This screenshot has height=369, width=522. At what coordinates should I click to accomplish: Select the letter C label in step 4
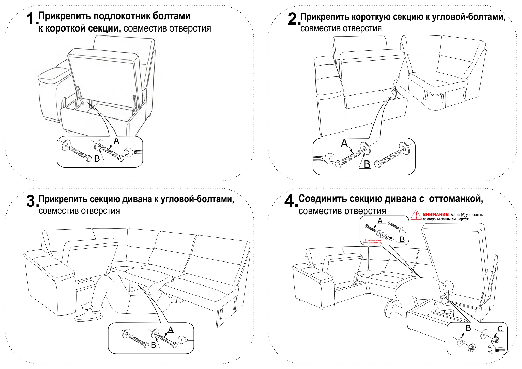[500, 329]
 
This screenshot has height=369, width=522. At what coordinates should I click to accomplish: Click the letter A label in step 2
[344, 144]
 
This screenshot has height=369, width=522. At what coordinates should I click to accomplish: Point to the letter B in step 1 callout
[97, 158]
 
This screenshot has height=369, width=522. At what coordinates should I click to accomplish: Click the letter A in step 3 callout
[171, 330]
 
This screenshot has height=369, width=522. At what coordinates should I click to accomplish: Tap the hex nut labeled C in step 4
[495, 340]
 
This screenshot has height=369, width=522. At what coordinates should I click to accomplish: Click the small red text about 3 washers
[375, 241]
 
